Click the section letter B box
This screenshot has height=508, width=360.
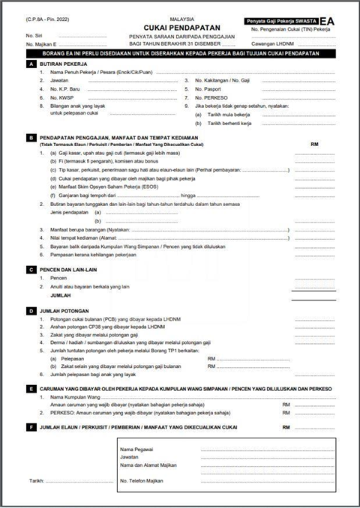click(30, 138)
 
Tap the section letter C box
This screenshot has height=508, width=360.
click(30, 269)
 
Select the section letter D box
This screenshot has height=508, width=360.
click(30, 310)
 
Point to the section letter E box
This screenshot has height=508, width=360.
click(30, 389)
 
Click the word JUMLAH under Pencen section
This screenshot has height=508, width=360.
click(51, 295)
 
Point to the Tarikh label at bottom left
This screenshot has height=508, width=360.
click(37, 480)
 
